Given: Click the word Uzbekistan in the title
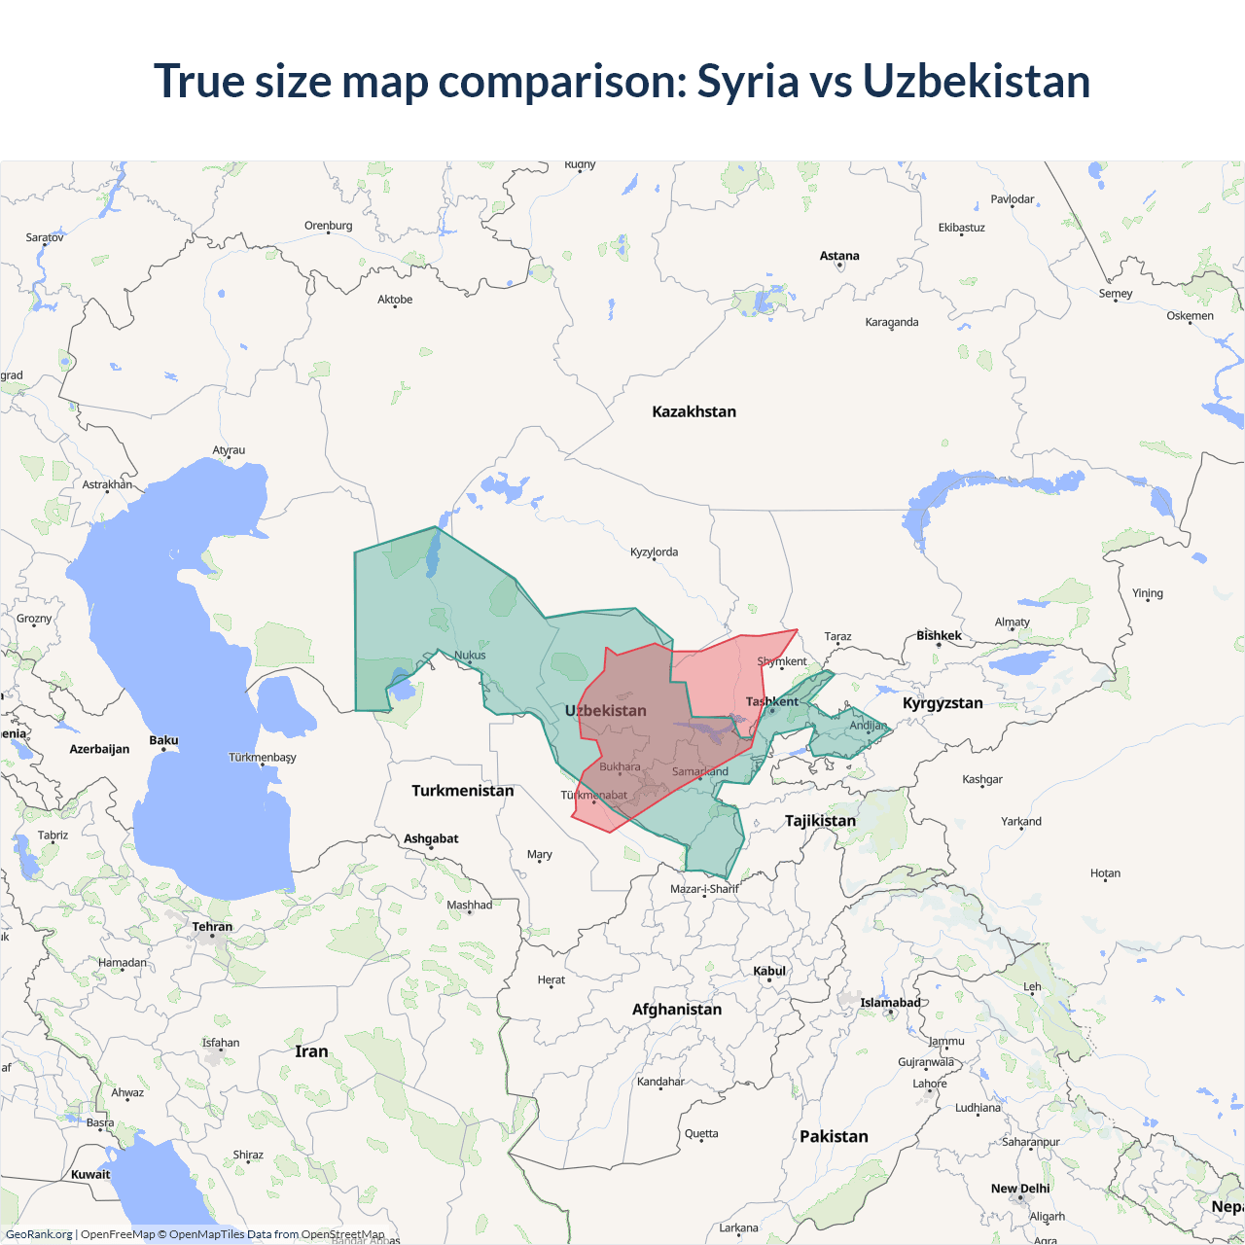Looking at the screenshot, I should [976, 81].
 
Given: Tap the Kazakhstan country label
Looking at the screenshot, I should [694, 411].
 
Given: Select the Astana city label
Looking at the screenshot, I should [839, 256].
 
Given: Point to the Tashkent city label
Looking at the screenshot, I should [771, 701].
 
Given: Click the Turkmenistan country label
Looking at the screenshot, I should [462, 791].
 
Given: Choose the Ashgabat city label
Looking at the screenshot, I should [431, 838].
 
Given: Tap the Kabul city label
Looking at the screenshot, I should [769, 971].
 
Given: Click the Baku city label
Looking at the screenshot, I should [163, 740].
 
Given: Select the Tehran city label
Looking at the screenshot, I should [212, 926].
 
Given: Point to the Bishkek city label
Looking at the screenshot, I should [939, 635].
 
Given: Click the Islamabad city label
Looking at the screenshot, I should [890, 1003].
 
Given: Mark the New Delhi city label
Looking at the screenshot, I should [1020, 1189].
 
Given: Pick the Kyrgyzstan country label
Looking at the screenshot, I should [943, 703].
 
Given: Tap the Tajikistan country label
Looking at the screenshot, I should [820, 821].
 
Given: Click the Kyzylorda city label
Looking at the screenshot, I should [654, 551].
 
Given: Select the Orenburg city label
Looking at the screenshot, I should [328, 226].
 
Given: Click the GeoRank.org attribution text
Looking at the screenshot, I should [39, 1234].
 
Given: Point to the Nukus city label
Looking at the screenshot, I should [470, 655].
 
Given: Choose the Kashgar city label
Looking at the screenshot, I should [982, 779].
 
